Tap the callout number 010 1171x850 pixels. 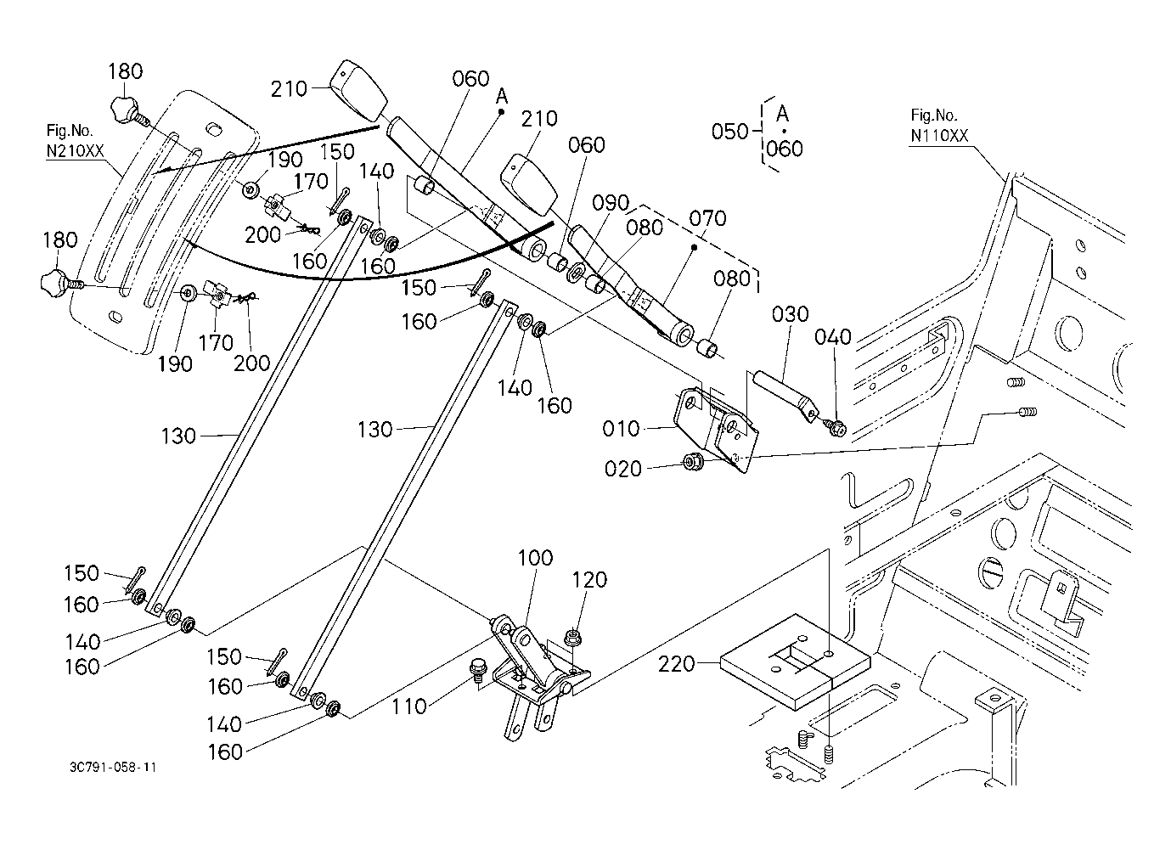(621, 429)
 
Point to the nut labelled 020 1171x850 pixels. (691, 463)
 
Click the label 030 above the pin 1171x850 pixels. (790, 315)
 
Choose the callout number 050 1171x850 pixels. (729, 132)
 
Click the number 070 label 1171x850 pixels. (708, 219)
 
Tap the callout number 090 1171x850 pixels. (611, 204)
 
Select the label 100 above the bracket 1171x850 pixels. (534, 558)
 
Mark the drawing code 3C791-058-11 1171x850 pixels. (113, 768)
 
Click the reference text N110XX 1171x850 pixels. (939, 136)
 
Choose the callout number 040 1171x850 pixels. (833, 338)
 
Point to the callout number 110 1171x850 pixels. (409, 706)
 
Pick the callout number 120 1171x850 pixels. (589, 580)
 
